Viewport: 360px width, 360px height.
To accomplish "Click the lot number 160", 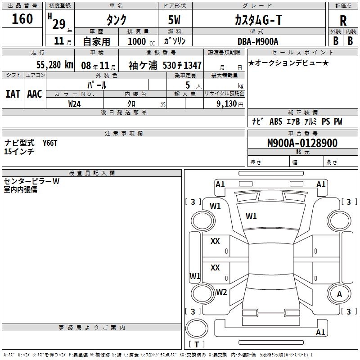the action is [x=22, y=19].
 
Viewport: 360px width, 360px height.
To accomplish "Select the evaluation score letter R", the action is [x=343, y=21].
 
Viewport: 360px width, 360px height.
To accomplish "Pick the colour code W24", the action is [x=75, y=103].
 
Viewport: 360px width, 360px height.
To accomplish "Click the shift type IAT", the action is [x=13, y=94].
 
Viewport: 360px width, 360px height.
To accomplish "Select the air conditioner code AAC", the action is [x=35, y=94].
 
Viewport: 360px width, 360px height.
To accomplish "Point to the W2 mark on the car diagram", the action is [x=221, y=292].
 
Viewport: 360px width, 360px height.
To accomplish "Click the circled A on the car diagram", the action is [x=339, y=294].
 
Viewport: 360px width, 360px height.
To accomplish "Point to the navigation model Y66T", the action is [x=50, y=143].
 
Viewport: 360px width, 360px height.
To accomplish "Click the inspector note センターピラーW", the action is [x=31, y=181].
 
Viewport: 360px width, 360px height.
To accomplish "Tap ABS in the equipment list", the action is [x=275, y=121].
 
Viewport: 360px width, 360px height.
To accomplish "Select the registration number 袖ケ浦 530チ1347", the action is [x=165, y=65].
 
